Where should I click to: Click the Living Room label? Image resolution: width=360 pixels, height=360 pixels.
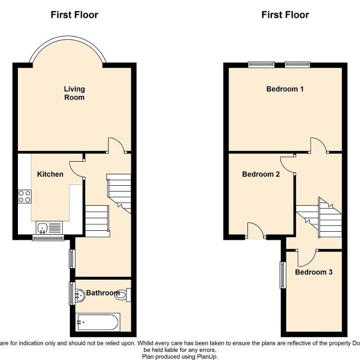(75, 93)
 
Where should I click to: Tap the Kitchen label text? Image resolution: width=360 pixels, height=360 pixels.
(50, 174)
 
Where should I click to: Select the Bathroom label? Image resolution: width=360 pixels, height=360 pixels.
(102, 293)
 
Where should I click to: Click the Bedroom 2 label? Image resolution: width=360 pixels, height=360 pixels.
(261, 174)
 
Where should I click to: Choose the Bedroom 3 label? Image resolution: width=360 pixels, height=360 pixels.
(314, 272)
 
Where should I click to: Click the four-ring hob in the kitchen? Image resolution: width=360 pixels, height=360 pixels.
(25, 196)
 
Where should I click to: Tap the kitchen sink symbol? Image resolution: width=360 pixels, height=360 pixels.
(47, 226)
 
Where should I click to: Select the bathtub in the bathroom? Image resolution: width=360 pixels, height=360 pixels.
(98, 321)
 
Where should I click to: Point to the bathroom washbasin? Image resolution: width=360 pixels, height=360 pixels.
(79, 294)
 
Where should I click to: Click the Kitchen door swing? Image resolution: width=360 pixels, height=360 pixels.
(76, 168)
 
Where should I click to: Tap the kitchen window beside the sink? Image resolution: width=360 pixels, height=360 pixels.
(47, 238)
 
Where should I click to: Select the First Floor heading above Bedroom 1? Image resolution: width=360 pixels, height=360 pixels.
(285, 15)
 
